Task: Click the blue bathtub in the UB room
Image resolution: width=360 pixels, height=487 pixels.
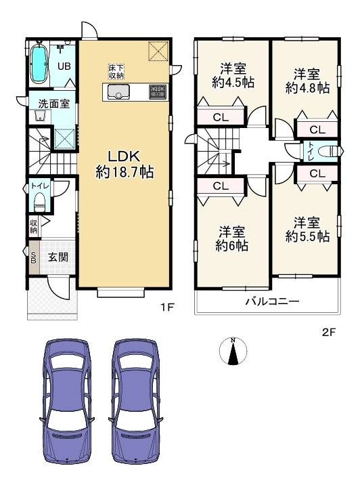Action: (39, 64)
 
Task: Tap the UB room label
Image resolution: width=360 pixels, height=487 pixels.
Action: (64, 66)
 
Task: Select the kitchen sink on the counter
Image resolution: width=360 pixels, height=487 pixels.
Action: (118, 91)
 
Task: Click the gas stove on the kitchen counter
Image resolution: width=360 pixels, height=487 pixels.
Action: (158, 91)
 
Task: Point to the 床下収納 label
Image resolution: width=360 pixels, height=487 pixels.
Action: (116, 71)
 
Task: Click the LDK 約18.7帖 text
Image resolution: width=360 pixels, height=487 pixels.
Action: (125, 164)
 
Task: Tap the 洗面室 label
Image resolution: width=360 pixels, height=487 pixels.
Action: (53, 104)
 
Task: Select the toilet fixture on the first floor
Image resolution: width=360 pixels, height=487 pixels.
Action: (39, 201)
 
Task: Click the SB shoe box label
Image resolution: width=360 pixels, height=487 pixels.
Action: (34, 257)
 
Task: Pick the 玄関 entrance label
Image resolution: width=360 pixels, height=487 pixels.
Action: (58, 257)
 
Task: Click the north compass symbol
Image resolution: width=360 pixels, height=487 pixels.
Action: (233, 351)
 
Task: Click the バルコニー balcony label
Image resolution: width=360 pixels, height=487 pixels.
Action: (273, 301)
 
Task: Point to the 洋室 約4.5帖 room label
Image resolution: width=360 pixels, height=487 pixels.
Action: (233, 75)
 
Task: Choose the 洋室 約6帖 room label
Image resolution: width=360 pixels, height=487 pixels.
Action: (232, 238)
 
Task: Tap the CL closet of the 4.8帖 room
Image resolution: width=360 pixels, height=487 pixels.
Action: (317, 129)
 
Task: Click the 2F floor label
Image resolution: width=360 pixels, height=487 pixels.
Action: (329, 333)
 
